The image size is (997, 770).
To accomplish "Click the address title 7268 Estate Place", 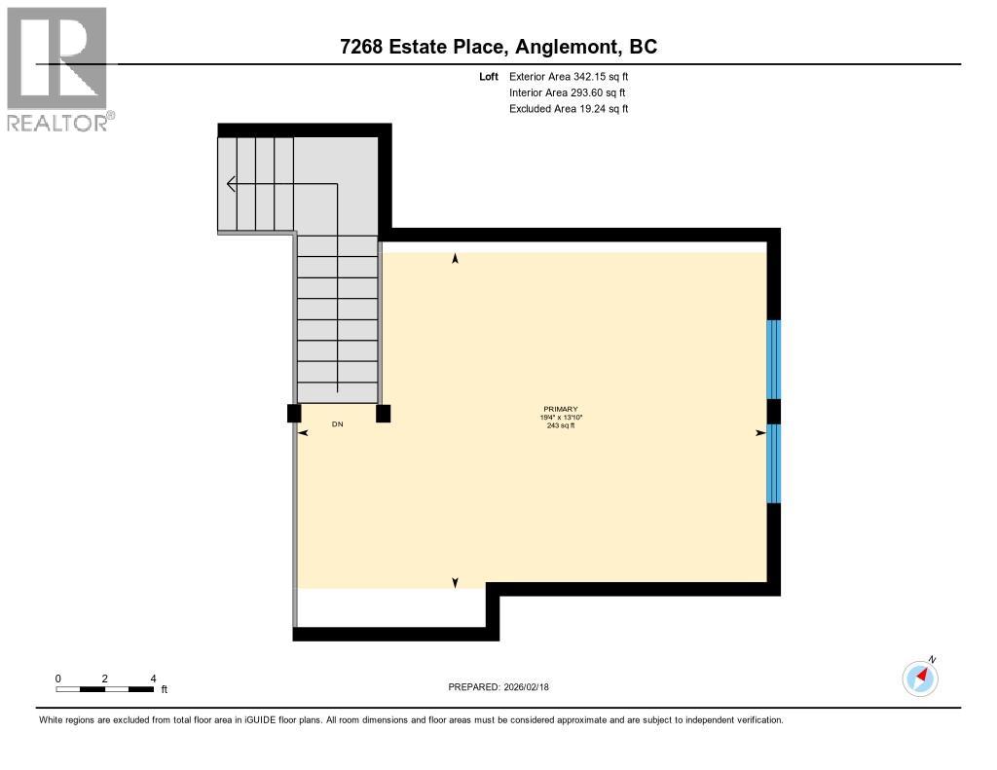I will tap(498, 47).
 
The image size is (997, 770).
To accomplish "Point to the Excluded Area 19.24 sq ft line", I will tap(569, 109).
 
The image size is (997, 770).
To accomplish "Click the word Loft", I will tap(489, 77).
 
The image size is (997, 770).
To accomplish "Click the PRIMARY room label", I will tap(561, 409).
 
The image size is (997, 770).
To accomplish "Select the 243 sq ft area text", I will tap(561, 425).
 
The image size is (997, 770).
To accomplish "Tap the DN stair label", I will tap(338, 424).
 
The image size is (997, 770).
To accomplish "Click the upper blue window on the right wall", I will tap(773, 359).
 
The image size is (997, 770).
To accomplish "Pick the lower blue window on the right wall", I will tap(773, 463).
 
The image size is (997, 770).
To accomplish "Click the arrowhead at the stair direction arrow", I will tap(231, 183).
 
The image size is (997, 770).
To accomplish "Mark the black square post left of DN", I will tap(294, 414).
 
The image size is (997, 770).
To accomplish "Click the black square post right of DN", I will tap(384, 414).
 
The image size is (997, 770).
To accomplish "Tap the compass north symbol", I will tap(920, 678).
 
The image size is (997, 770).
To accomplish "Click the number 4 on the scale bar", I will tap(153, 678).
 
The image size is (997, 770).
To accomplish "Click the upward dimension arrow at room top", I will tap(455, 259).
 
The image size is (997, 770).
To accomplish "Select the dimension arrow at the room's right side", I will tap(759, 432).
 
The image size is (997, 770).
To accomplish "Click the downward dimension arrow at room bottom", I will tap(455, 582).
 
